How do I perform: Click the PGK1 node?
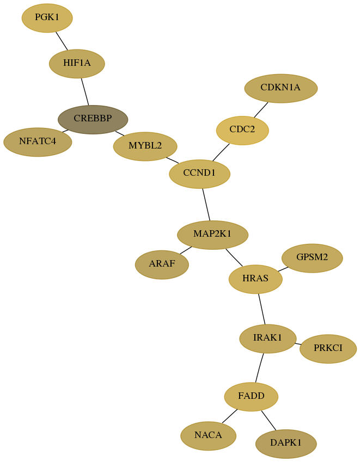[x=47, y=18]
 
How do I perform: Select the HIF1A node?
[x=77, y=64]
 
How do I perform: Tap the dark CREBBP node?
[x=93, y=119]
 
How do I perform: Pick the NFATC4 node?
[x=38, y=142]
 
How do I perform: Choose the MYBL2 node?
[x=145, y=146]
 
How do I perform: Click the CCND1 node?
[x=200, y=174]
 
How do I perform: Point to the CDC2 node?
[x=242, y=130]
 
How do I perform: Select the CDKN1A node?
[x=281, y=88]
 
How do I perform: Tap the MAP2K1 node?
[x=212, y=235]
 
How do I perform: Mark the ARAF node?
[x=162, y=264]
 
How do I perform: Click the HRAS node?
[x=255, y=279]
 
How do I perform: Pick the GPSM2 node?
[x=312, y=258]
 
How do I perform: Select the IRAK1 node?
[x=268, y=338]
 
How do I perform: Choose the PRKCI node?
[x=328, y=349]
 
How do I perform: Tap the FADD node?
[x=251, y=397]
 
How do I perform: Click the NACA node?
[x=209, y=436]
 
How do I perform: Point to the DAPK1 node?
[x=286, y=443]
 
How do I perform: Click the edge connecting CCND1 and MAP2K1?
[x=206, y=205]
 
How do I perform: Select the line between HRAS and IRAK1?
[x=262, y=309]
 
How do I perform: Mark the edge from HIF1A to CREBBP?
[x=85, y=91]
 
